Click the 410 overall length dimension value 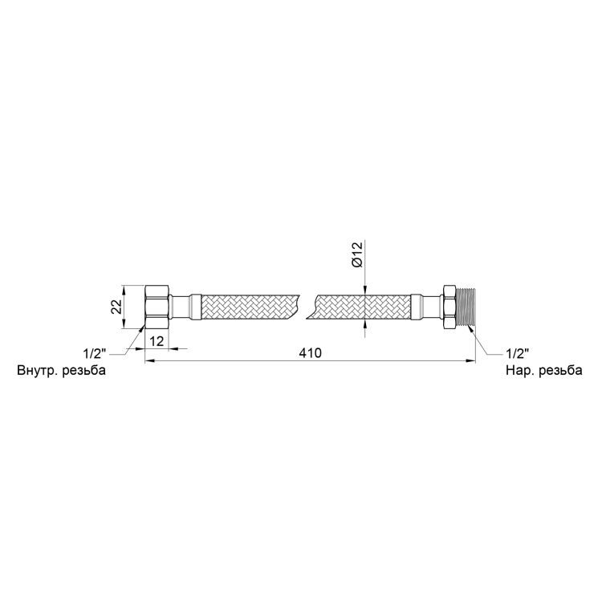tap(310, 353)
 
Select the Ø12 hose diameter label tap(356, 255)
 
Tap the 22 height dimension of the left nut tap(116, 307)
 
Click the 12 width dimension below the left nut tap(157, 340)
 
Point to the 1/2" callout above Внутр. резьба tap(95, 352)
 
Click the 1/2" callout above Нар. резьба tap(517, 352)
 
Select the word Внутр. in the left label tap(36, 371)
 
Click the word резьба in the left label tap(83, 371)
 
